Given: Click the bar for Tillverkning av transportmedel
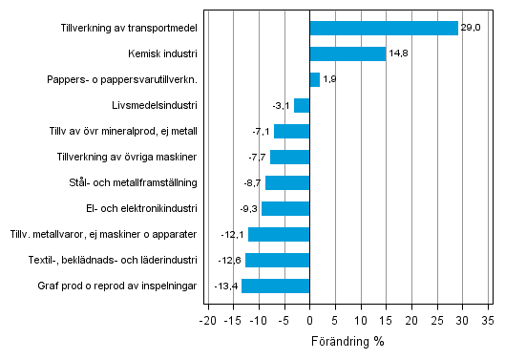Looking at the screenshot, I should [x=384, y=29].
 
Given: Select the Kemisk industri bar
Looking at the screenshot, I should [x=347, y=54].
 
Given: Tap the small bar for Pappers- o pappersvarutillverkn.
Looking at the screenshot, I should [x=315, y=80].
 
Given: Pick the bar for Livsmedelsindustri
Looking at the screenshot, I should [x=302, y=106].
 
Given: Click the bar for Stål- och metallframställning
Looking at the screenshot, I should [x=287, y=182].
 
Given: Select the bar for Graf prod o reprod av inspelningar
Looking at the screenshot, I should [x=276, y=286].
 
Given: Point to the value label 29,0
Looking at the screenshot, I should [x=471, y=29].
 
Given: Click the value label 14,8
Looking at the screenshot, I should [x=399, y=54].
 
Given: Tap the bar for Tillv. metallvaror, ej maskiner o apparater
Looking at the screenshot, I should [x=279, y=234].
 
